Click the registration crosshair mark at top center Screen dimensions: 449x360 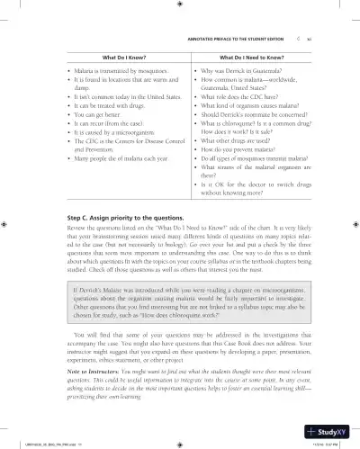click(x=180, y=5)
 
